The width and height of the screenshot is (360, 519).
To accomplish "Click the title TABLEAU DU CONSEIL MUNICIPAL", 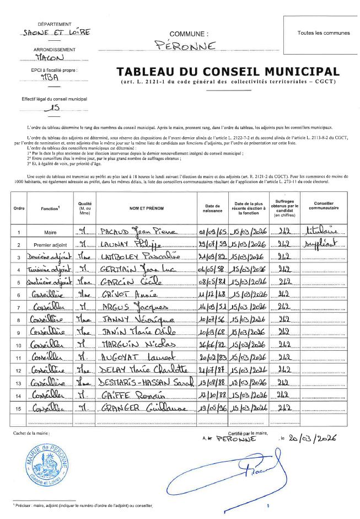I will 228,72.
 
